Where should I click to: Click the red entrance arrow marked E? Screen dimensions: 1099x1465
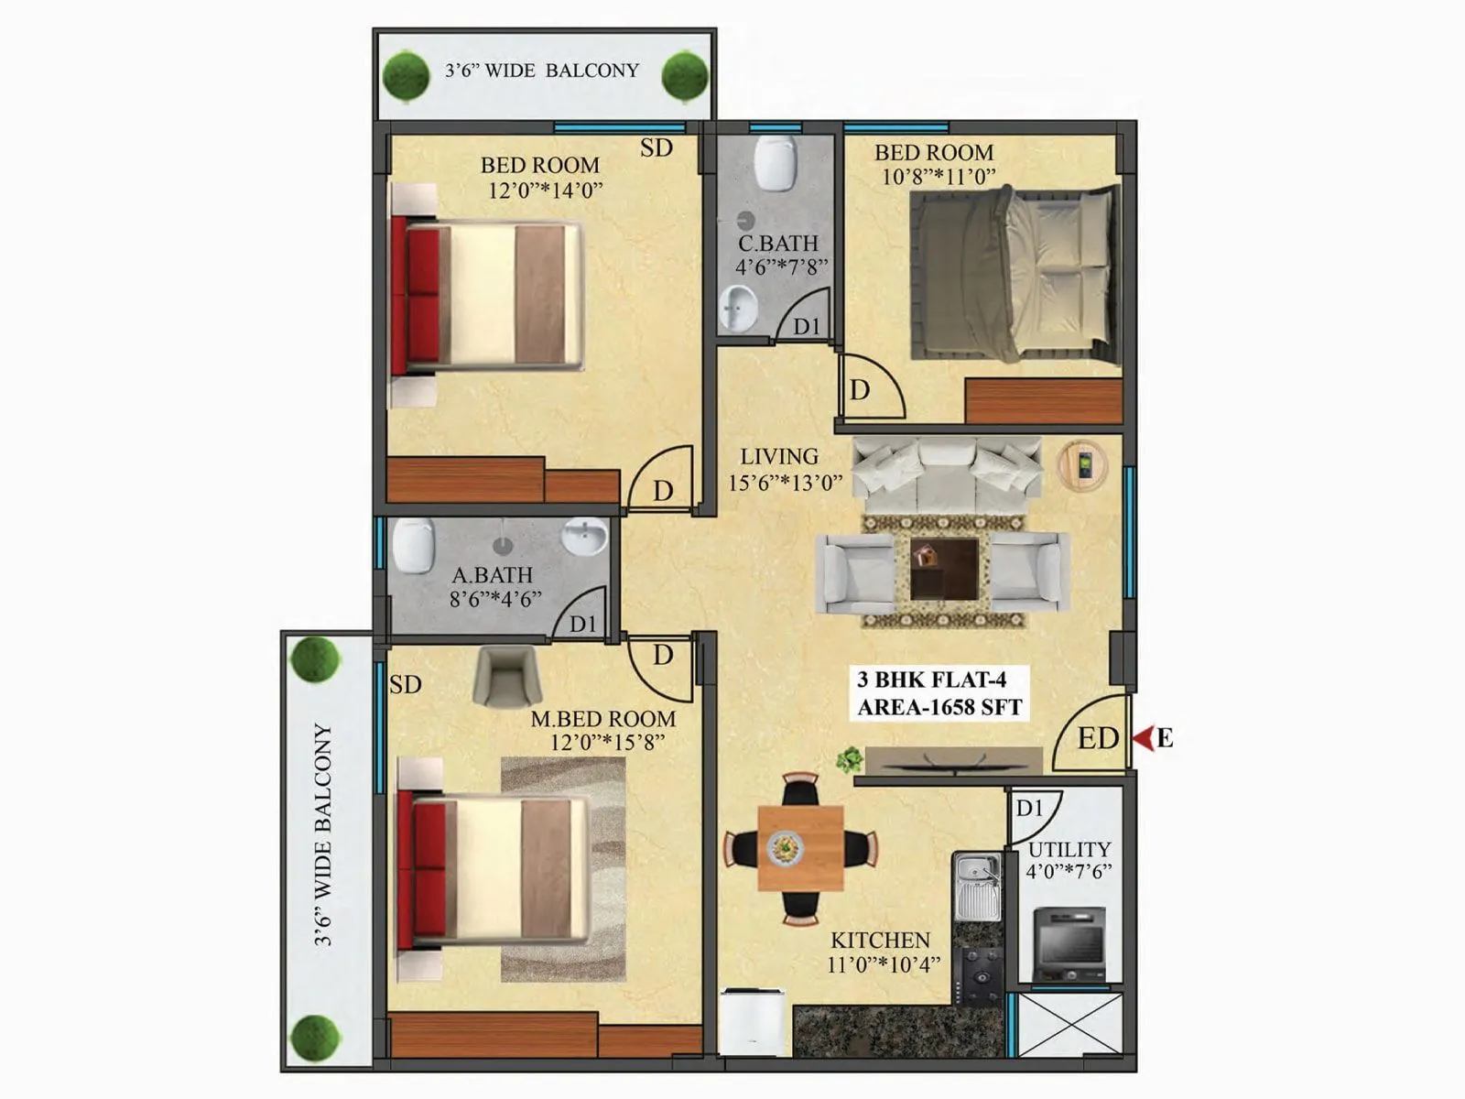(x=1143, y=738)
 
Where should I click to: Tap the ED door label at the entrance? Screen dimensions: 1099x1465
(x=1097, y=738)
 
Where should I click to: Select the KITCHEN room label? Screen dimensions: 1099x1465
(x=880, y=941)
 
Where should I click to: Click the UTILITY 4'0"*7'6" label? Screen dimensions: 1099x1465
(x=1069, y=860)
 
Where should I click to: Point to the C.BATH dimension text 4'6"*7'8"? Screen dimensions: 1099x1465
(x=781, y=267)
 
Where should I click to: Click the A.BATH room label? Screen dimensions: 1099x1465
(x=492, y=575)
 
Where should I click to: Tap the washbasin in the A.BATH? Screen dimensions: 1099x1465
(x=583, y=536)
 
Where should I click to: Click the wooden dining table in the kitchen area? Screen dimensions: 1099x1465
(x=800, y=848)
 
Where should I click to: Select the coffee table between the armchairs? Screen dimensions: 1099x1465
(x=944, y=568)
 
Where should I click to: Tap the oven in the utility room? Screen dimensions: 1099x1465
(x=1069, y=943)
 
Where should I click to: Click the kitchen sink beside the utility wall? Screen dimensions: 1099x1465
(x=977, y=884)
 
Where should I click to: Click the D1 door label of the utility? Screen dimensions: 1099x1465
(x=1029, y=808)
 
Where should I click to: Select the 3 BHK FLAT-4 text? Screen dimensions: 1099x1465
(x=931, y=680)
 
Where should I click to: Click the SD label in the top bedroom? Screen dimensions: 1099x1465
(x=656, y=148)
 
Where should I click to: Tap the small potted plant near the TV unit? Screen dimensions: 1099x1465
(x=851, y=759)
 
